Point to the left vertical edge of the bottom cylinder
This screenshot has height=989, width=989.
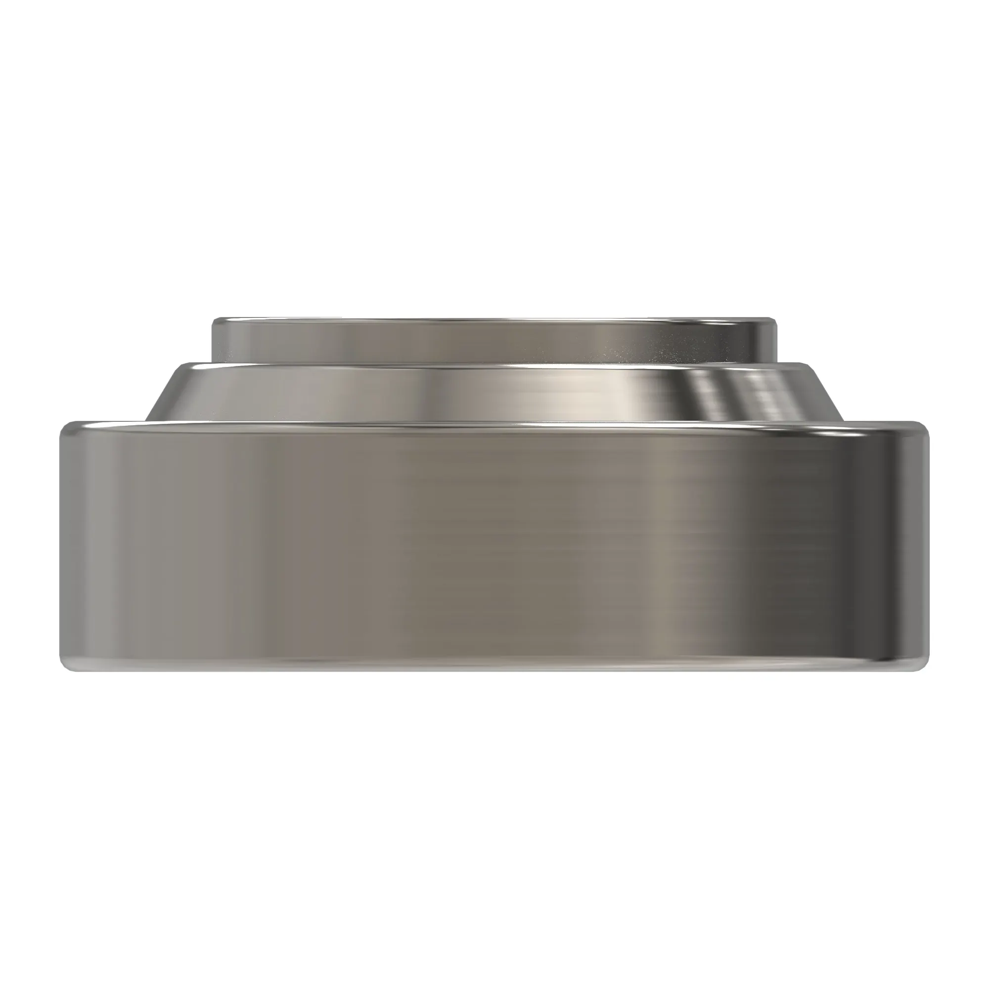[62, 548]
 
